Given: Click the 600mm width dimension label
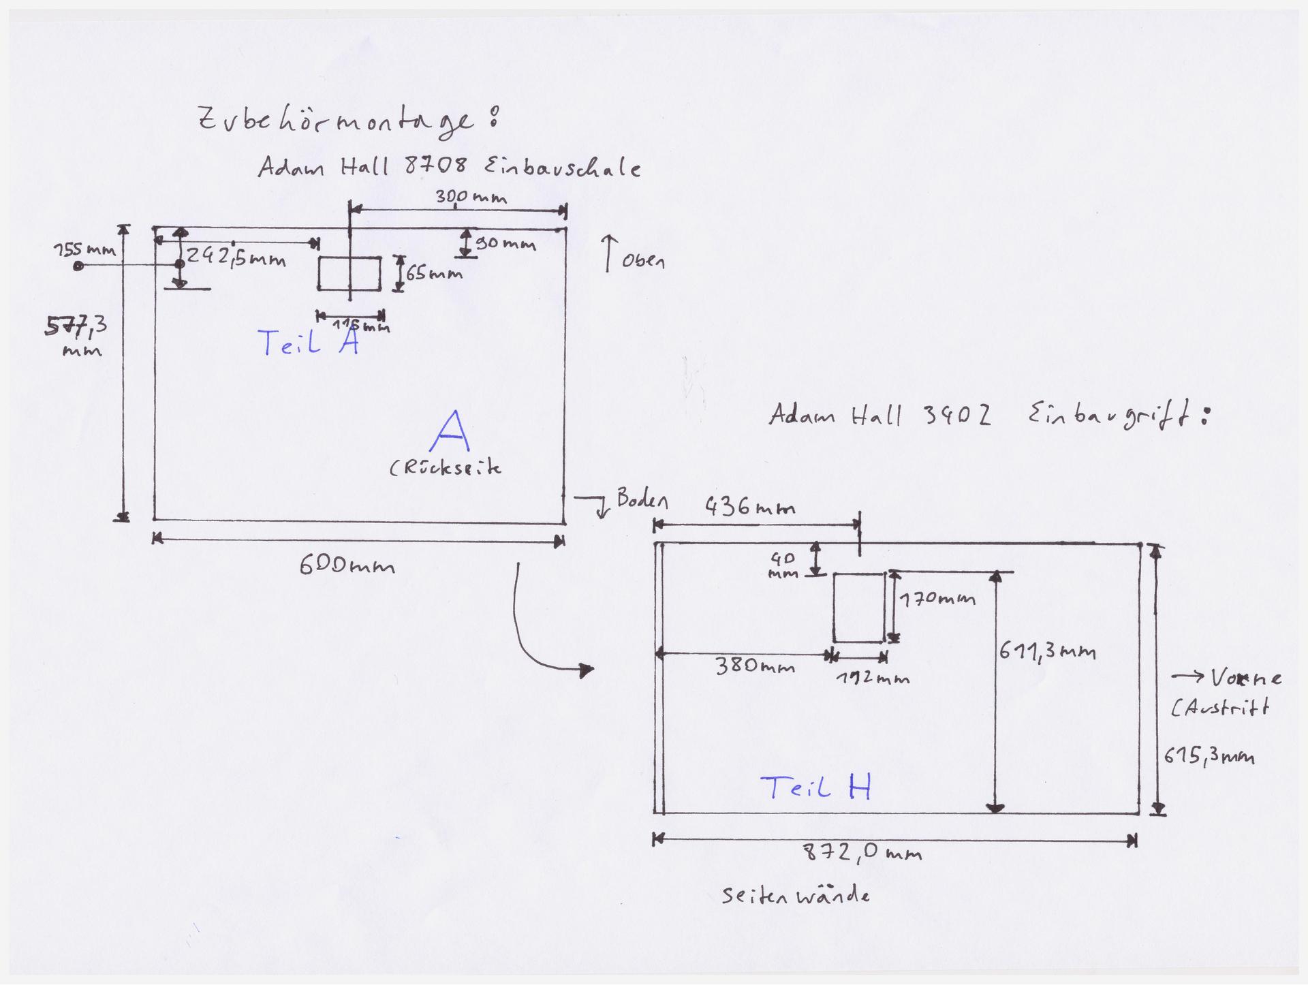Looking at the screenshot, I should point(347,565).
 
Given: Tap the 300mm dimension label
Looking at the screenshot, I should point(471,198).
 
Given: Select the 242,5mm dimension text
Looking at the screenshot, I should point(236,257).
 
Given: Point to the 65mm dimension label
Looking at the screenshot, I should point(434,274).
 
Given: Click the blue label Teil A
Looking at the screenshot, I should point(309,343).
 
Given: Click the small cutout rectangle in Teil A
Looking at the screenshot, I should point(349,273).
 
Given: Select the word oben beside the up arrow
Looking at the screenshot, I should point(642,262).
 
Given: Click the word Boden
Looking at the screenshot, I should point(642,500).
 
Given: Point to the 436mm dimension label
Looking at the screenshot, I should point(749,507).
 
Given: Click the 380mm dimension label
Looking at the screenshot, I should point(754,666).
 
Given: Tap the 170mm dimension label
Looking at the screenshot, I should point(937,599).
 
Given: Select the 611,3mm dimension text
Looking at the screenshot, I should point(1047,652).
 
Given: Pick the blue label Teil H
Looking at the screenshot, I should point(816,788).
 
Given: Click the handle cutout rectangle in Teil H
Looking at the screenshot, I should point(859,608).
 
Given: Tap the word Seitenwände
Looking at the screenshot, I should point(796,896).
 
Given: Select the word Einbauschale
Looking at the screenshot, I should point(562,166).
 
